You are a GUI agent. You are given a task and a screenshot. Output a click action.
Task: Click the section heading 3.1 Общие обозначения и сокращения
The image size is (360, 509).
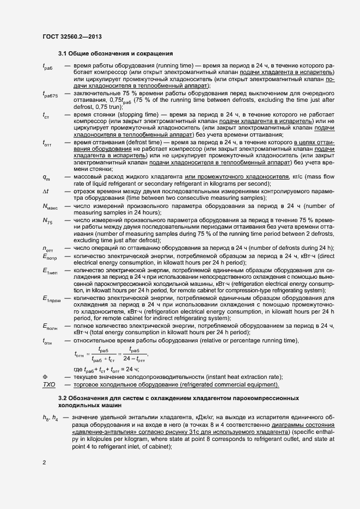[115, 54]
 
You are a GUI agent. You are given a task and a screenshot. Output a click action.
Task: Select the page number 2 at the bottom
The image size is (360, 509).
[44, 463]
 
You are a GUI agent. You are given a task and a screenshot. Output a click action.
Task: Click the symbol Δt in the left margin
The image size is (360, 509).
[45, 191]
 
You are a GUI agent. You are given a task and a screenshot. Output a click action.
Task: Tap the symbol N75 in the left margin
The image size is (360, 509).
[47, 220]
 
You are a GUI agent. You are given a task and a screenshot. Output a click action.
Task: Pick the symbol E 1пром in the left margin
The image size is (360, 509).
[52, 298]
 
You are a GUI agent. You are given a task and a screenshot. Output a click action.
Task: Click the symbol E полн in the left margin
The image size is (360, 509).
[50, 326]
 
